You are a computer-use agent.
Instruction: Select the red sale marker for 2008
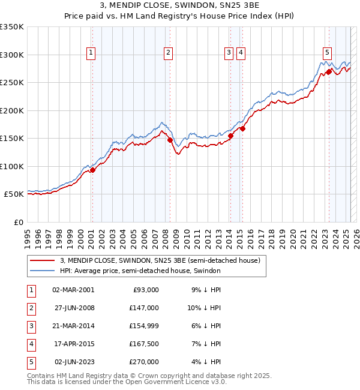point(170,140)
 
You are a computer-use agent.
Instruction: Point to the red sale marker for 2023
point(329,71)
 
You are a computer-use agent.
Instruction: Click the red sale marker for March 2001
point(92,170)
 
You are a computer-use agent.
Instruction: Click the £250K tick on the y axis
point(12,83)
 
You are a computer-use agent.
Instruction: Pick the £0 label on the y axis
point(18,223)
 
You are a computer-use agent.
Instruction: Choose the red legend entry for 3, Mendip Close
point(160,261)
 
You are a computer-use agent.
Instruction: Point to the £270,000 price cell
point(144,362)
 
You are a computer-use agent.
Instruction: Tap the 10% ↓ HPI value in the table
point(205,308)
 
